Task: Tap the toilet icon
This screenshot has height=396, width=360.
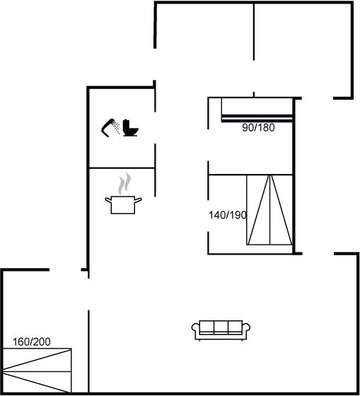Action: (130, 128)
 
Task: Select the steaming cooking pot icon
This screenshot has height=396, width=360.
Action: (123, 194)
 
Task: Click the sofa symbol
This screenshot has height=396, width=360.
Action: (221, 330)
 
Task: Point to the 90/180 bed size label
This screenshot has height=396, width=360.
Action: (258, 127)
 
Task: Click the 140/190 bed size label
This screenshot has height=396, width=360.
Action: (227, 215)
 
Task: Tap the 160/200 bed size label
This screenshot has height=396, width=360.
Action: (32, 342)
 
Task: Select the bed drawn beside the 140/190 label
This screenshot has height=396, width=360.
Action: (269, 209)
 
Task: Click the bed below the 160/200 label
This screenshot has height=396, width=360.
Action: (37, 371)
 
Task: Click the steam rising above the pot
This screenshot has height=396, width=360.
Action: (124, 183)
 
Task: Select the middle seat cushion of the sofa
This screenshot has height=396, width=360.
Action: (221, 327)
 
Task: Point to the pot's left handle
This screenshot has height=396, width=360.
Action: (108, 200)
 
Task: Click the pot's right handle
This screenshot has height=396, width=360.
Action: (138, 200)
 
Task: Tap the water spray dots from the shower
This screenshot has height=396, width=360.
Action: (116, 127)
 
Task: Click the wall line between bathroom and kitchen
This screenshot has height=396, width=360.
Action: (122, 168)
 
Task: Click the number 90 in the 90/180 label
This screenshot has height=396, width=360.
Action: (248, 127)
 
